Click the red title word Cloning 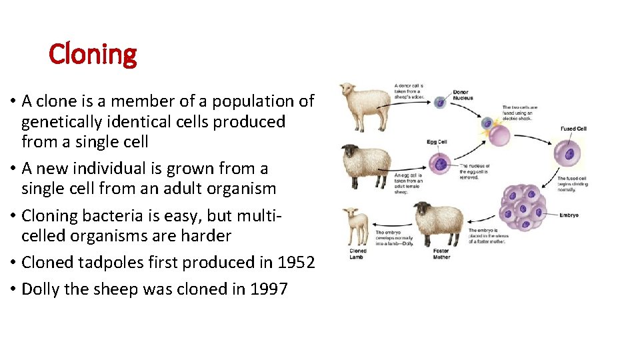pyautogui.click(x=93, y=54)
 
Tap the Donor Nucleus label pyautogui.click(x=463, y=95)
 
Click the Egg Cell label pyautogui.click(x=437, y=142)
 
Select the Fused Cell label pyautogui.click(x=573, y=129)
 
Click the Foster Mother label pyautogui.click(x=441, y=254)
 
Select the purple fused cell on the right pyautogui.click(x=568, y=154)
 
